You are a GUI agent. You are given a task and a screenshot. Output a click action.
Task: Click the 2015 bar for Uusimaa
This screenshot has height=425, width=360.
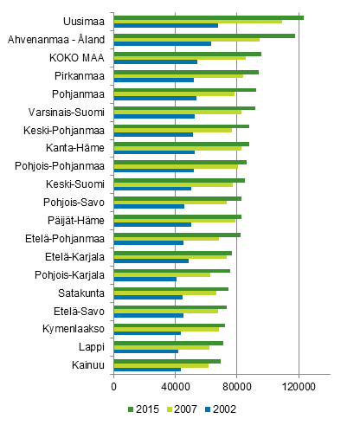208,17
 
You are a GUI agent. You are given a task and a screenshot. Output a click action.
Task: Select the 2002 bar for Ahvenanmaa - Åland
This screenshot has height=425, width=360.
162,44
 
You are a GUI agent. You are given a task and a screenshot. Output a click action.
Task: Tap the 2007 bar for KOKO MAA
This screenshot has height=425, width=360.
179,58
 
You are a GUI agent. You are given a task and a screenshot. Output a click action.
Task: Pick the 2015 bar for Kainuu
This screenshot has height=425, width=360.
167,361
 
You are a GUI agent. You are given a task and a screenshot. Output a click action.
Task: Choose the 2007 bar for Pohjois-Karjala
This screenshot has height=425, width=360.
162,275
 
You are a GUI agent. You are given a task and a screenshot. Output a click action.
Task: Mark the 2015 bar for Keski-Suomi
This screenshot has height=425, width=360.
179,180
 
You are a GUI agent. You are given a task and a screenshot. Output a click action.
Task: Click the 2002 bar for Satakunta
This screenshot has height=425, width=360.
148,298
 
